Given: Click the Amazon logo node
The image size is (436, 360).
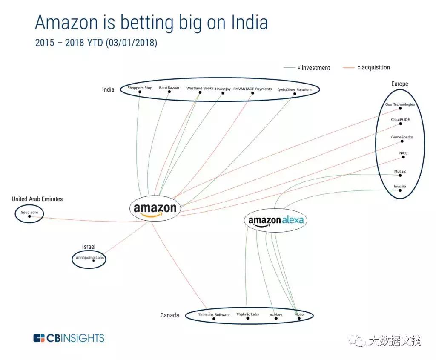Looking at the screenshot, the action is coord(155,208).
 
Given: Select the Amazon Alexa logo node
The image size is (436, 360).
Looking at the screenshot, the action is coord(275,220).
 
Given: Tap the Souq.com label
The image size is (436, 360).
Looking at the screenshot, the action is coord(29,212).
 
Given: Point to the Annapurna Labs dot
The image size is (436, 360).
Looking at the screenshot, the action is coord(93,261).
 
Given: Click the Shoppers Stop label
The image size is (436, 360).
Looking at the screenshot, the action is coord(140,88).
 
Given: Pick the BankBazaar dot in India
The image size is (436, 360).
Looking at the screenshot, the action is coord(169,92).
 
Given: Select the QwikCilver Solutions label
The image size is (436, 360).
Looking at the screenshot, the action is coord(295,89).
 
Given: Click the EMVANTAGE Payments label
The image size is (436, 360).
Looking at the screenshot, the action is coord(252,89).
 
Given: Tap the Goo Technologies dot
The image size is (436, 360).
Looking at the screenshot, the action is coord(400,108).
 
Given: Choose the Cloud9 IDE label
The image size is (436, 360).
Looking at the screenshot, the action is coord(400,120).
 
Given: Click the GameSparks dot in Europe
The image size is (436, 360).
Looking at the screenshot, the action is coord(402,141).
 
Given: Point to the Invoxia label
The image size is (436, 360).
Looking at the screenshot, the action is coord(400,187).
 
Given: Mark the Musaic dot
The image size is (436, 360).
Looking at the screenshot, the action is coord(400,176).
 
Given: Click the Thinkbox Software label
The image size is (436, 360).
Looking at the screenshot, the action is coord(214,315).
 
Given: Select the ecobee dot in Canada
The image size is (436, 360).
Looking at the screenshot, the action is coord(276,319).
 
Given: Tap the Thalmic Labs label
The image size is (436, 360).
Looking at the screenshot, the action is coord(248,314).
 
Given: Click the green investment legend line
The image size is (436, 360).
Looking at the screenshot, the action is coord(290,68).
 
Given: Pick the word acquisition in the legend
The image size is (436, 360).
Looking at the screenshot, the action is coord(376,67).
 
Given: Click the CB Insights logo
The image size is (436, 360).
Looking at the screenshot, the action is coord(69,338).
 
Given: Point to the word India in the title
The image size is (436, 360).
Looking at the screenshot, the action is coord(250,22).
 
